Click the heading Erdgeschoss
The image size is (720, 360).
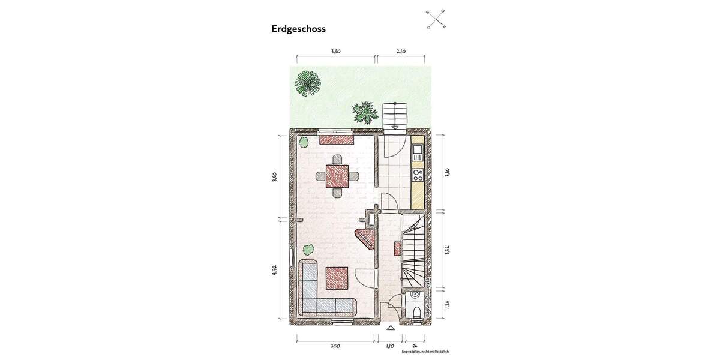tap(298, 28)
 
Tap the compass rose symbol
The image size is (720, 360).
tap(436, 19)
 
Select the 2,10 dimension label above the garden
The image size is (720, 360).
tap(401, 52)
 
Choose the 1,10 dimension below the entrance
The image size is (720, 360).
tap(390, 346)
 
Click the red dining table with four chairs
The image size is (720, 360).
tap(338, 176)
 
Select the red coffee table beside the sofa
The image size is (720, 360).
tap(337, 278)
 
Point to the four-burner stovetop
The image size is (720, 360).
tap(418, 175)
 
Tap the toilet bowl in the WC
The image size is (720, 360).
tap(416, 311)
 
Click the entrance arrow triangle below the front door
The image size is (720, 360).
tap(391, 328)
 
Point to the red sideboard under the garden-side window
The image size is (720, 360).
tap(336, 140)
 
